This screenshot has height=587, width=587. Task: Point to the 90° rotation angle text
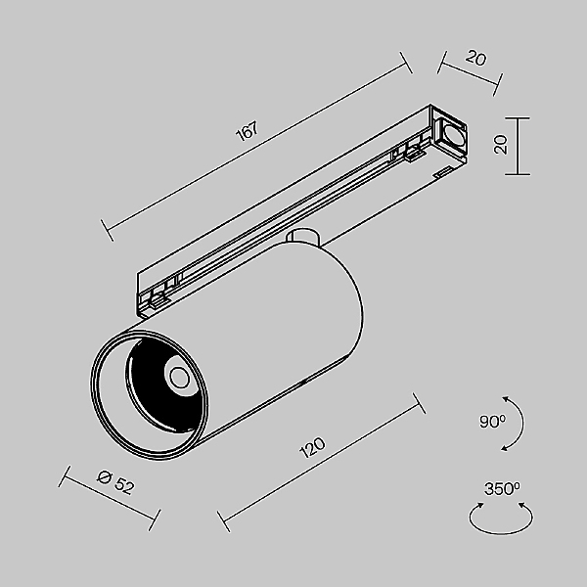pos(493,422)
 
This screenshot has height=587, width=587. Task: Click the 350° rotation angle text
pos(502,488)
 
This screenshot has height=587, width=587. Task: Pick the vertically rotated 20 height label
pos(500,146)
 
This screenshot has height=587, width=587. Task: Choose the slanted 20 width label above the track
pos(476,58)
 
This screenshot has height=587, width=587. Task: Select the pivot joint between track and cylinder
pos(304,237)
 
